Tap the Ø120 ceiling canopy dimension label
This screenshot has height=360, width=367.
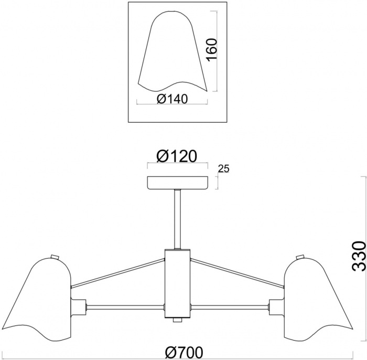coord(176,156)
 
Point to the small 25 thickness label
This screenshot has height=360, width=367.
coord(224,168)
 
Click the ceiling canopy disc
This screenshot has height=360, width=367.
coord(177,183)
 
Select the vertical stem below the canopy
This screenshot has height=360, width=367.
coord(177,218)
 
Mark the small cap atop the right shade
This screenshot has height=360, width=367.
coord(300,256)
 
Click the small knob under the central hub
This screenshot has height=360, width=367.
coord(177,332)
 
